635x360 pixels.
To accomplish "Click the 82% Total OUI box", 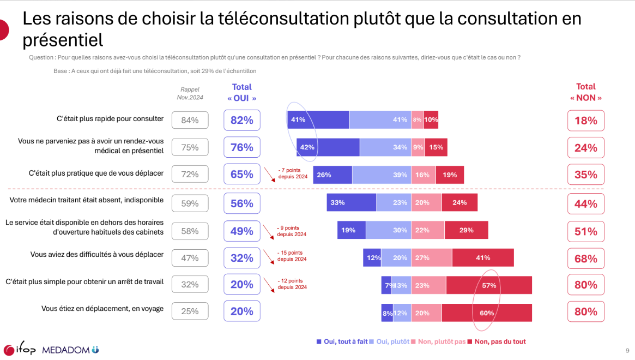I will (x=242, y=120).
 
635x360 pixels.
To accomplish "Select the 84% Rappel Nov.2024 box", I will (x=190, y=120).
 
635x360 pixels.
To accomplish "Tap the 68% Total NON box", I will (x=586, y=259).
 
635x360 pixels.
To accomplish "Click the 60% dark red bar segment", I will (x=487, y=313).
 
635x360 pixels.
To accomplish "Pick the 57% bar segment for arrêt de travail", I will (x=489, y=285).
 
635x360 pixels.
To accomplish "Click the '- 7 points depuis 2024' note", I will (x=293, y=173).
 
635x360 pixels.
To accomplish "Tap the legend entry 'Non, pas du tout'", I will (x=497, y=341).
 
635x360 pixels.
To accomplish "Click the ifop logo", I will (x=20, y=350).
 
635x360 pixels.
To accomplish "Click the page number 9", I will (x=627, y=350).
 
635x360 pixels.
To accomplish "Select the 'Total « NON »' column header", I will (x=586, y=92).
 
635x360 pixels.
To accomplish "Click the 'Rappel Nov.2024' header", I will (x=190, y=93).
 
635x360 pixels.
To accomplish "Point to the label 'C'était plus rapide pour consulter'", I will (x=110, y=118).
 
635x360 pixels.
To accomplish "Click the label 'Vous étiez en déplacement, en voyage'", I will (x=102, y=308).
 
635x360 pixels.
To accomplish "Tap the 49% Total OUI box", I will (x=242, y=231).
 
